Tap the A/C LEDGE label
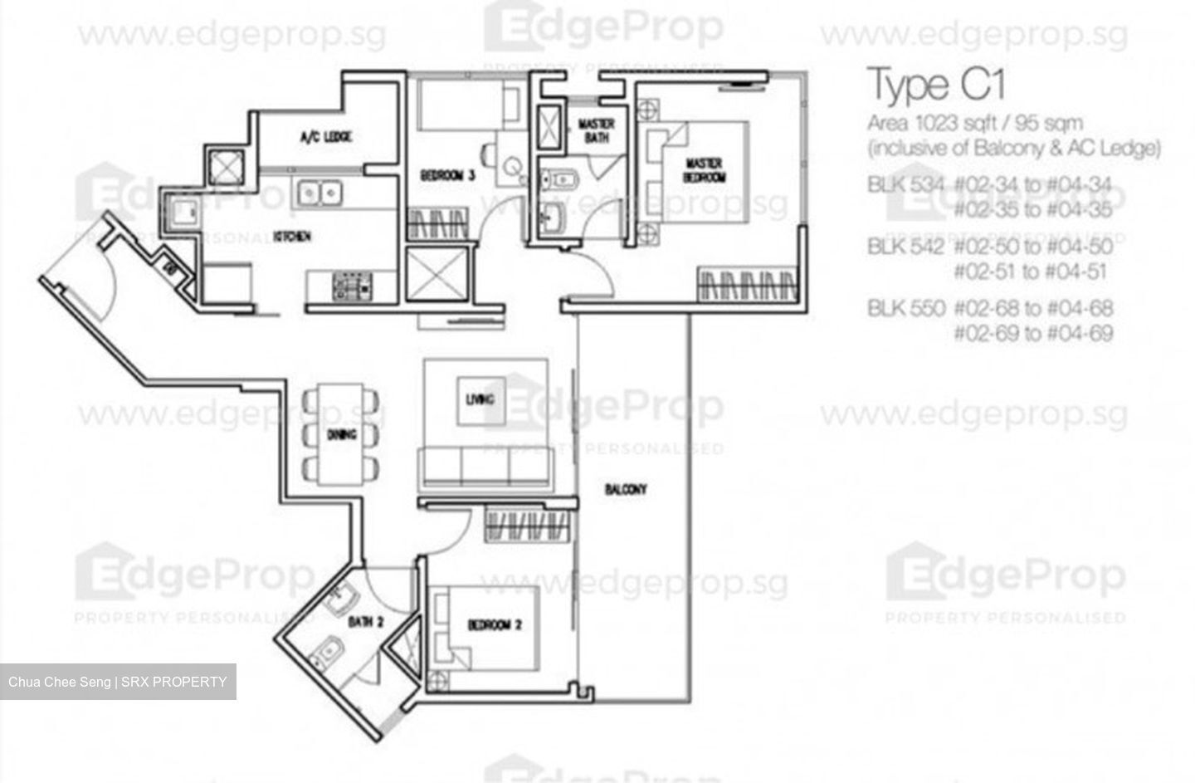click(x=326, y=136)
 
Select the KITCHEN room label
click(x=292, y=237)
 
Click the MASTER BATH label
click(x=596, y=130)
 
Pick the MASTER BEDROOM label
click(x=704, y=169)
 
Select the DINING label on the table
click(x=341, y=434)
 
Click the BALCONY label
click(x=626, y=490)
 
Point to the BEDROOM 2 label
click(x=495, y=624)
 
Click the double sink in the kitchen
click(x=319, y=193)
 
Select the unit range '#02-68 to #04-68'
click(x=1033, y=309)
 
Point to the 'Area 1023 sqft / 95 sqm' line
click(x=974, y=124)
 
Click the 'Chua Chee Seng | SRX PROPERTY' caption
click(x=118, y=682)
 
